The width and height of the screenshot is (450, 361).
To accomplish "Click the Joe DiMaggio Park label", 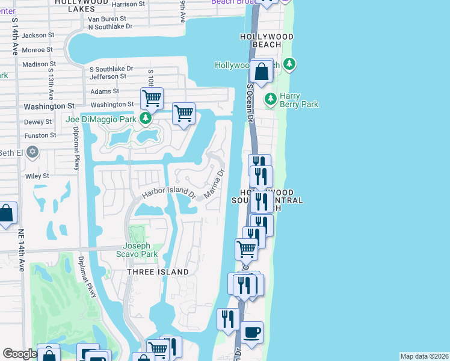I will coord(101,119).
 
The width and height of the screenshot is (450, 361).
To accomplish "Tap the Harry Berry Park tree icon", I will coord(271,98).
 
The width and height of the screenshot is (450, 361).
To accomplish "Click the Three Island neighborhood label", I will coord(158,272).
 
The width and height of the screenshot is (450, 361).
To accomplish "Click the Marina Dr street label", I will coord(214,184).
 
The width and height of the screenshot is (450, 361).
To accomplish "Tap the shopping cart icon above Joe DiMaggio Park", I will coord(152,98).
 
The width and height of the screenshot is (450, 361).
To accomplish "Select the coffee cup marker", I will coord(251,332).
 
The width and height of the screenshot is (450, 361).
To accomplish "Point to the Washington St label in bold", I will coord(49,106).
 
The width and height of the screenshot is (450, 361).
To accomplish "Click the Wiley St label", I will coord(37,176).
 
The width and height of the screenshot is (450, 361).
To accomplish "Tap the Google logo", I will coord(20,353).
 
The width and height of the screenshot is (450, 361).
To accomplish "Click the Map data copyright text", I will coord(424,356).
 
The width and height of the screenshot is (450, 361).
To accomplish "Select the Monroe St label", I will coord(37,49).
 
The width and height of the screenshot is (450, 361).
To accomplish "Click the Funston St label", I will coord(40,135).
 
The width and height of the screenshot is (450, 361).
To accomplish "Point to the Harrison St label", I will coord(129,5).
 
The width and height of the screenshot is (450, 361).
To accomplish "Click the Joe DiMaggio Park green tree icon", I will coord(145,119).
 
